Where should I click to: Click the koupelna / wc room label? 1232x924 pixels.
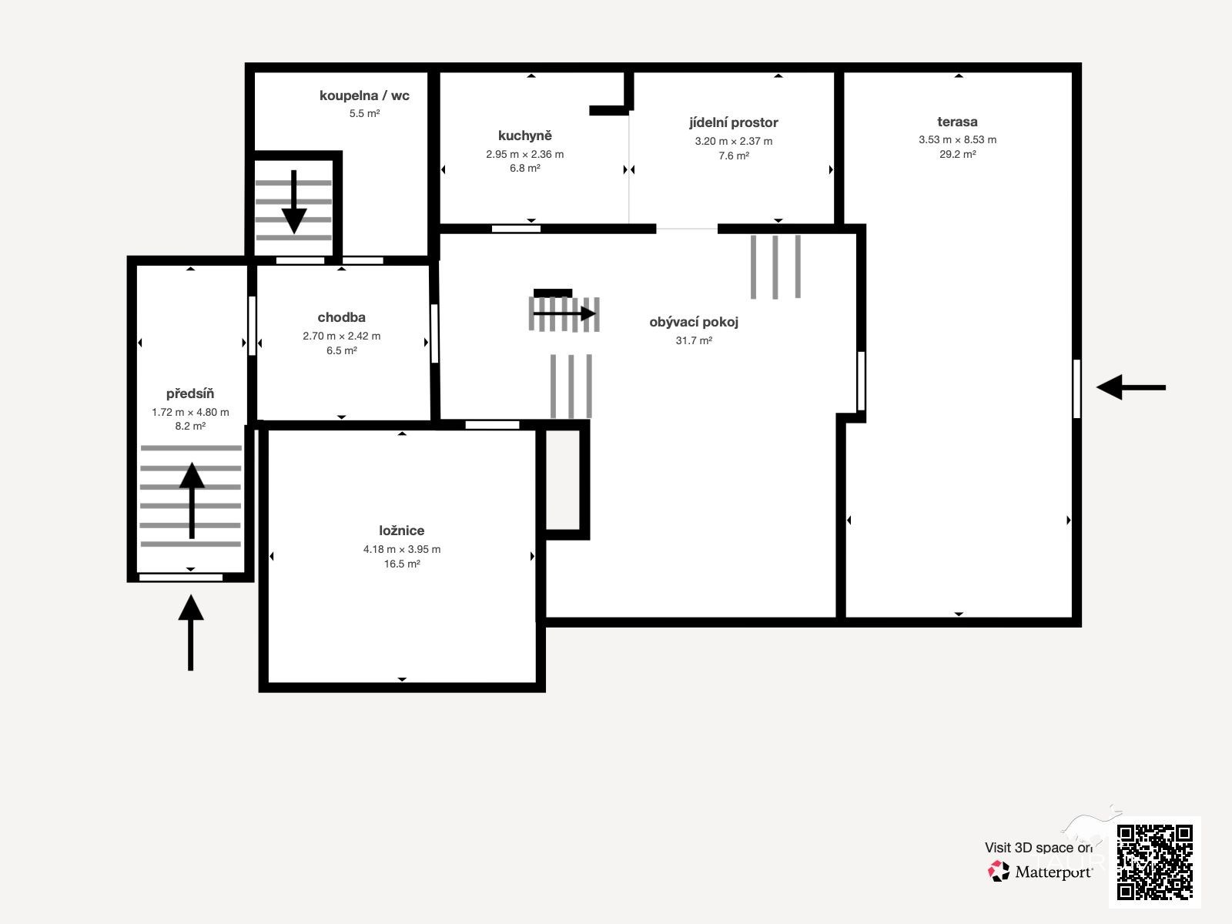364,95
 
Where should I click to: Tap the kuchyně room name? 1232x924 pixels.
525,136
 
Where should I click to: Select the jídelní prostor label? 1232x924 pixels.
734,122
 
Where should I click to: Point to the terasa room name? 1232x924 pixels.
957,121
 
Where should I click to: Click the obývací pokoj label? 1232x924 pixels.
694,322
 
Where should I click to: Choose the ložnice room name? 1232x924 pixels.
401,531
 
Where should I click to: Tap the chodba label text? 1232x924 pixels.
341,317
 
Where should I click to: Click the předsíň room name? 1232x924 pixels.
189,393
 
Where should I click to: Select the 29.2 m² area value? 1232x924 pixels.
958,154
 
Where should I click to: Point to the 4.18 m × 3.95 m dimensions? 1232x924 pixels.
401,549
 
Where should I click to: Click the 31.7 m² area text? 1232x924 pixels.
694,340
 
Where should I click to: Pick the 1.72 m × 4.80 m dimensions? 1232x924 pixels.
190,412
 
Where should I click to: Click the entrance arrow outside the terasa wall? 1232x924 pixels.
1131,387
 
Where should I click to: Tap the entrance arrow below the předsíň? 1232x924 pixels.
191,632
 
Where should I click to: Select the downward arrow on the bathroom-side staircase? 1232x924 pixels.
293,202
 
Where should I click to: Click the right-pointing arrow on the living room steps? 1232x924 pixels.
564,313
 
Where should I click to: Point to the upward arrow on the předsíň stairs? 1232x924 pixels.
192,500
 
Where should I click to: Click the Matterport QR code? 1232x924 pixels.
1154,862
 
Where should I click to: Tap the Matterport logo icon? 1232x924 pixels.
999,872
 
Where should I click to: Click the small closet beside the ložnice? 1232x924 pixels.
563,480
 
